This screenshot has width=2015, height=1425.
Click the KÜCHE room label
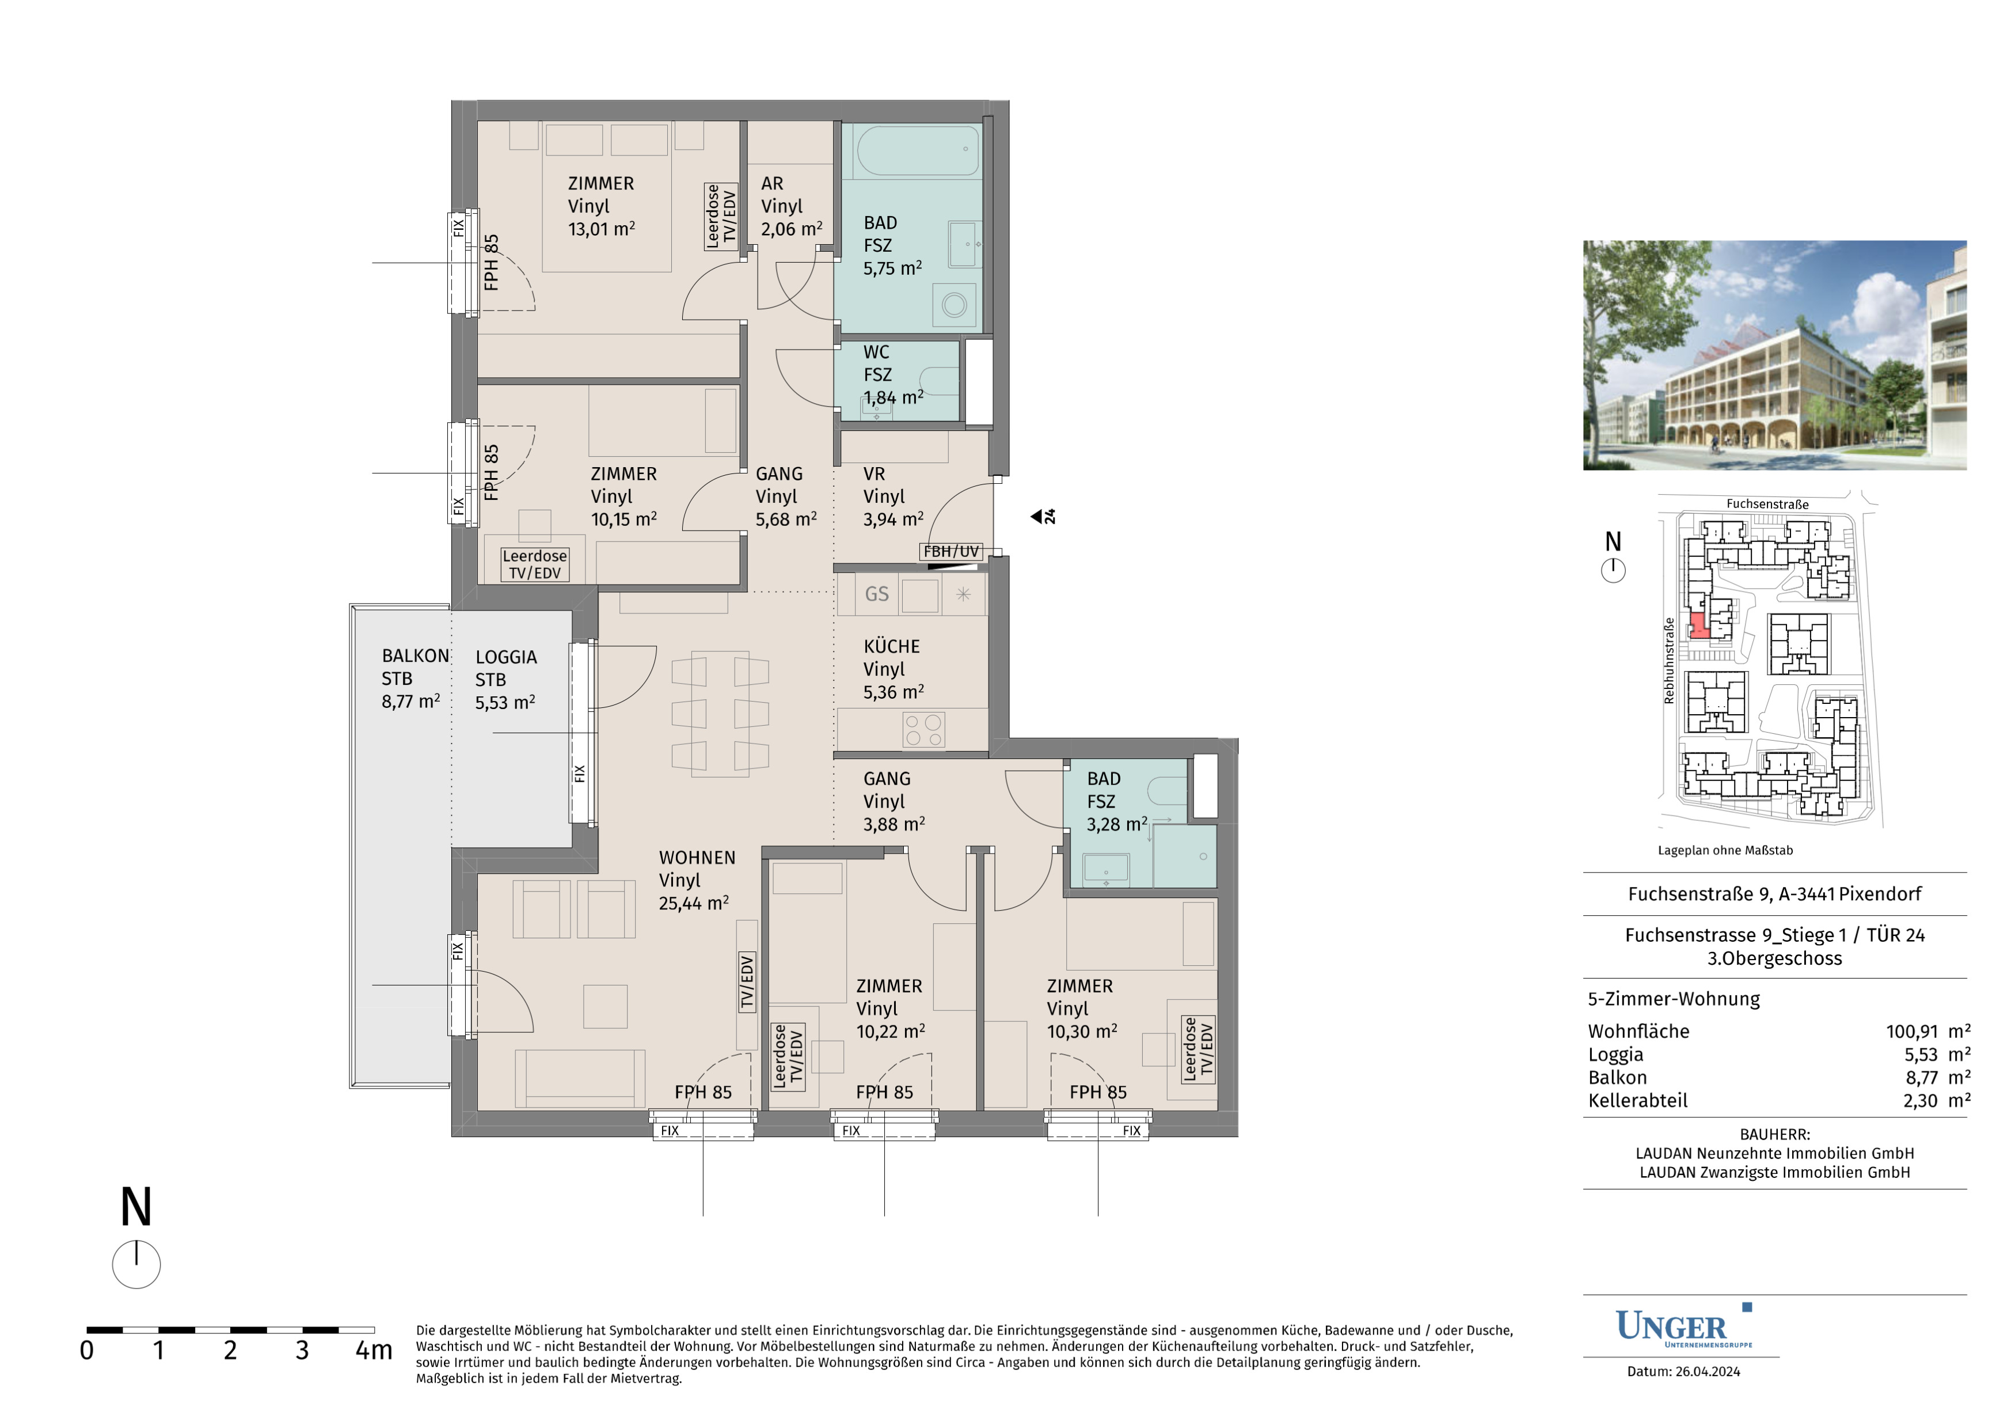[892, 647]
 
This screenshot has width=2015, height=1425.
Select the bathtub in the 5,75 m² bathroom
[918, 151]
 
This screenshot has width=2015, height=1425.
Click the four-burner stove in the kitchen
[923, 730]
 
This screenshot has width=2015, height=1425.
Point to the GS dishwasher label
[877, 594]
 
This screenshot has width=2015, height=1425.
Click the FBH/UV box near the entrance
[951, 551]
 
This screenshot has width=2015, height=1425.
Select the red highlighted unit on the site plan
[1699, 626]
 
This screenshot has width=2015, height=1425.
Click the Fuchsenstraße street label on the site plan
[1767, 504]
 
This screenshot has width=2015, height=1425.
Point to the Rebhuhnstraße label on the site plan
[1668, 660]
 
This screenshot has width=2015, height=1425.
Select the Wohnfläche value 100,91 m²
[1928, 1031]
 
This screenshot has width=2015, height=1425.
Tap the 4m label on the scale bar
[373, 1350]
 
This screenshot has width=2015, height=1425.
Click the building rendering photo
[1774, 355]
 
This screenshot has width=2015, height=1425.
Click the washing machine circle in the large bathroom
[954, 305]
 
